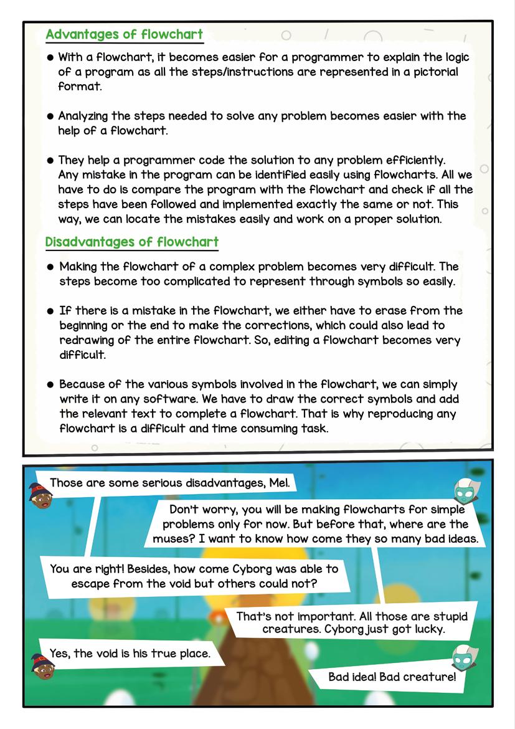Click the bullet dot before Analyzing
[50, 117]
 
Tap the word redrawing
[88, 340]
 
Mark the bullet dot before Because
[50, 385]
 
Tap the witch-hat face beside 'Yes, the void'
[44, 666]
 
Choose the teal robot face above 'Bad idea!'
[467, 655]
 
